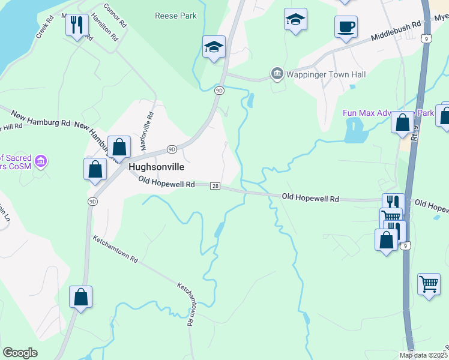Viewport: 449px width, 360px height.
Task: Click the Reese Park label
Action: tap(175, 16)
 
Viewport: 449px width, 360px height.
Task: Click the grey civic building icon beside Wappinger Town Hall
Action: tap(277, 74)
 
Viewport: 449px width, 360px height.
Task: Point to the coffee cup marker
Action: tap(346, 27)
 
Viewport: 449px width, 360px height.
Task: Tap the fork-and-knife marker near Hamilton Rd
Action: tap(76, 25)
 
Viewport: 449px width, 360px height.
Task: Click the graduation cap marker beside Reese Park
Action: tap(214, 47)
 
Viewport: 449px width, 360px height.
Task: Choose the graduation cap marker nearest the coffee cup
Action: tap(295, 20)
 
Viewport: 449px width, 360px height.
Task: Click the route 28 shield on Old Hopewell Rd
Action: tap(215, 186)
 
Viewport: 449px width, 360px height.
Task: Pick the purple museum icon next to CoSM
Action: tap(41, 161)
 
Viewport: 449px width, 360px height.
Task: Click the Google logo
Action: tap(20, 353)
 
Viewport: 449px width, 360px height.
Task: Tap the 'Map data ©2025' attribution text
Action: tap(422, 355)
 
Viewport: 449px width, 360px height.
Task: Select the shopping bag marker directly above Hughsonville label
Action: tap(119, 147)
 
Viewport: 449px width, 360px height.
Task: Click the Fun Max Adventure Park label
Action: tap(387, 113)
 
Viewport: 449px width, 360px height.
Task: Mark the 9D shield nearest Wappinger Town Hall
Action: tap(219, 91)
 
